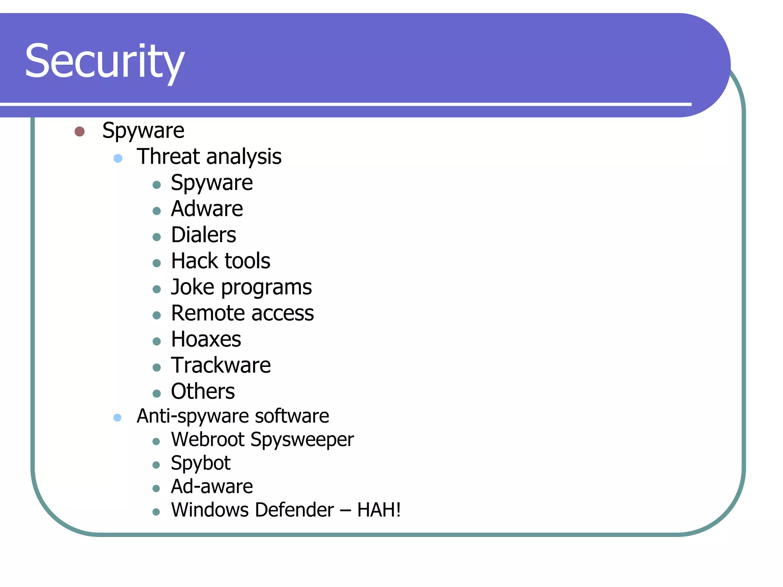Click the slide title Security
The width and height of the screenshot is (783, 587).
105,61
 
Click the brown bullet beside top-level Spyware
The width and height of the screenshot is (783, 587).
80,131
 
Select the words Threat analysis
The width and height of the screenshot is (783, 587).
209,157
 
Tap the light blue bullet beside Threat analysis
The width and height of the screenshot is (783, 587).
118,158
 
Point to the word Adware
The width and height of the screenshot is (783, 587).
207,209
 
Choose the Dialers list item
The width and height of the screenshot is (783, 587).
203,235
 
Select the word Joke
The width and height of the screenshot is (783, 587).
192,287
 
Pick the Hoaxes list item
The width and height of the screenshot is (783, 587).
206,339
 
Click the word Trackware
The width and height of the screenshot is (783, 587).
221,365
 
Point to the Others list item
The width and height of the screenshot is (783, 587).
203,391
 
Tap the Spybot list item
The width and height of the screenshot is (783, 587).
200,463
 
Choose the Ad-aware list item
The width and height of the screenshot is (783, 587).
211,486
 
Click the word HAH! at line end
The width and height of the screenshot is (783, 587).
379,510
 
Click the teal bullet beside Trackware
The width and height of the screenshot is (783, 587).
156,368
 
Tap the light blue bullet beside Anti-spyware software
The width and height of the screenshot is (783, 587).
117,418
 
